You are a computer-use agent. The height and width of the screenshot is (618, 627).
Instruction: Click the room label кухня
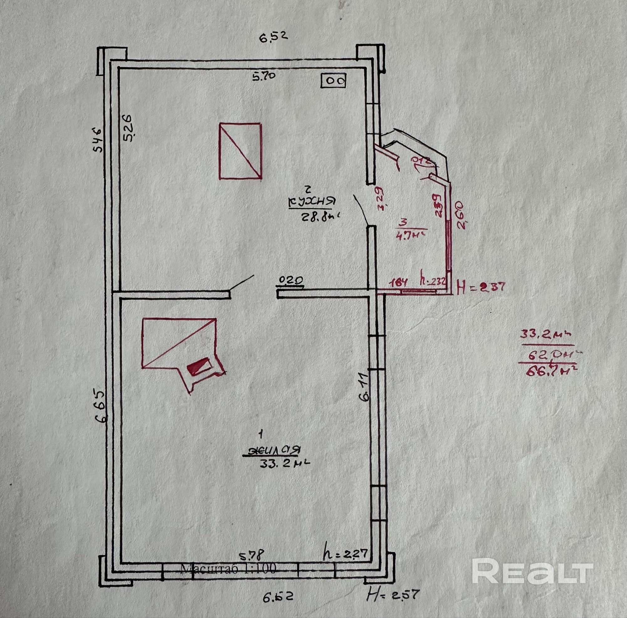tap(311, 202)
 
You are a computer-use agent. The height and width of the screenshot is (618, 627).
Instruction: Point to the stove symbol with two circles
tap(333, 80)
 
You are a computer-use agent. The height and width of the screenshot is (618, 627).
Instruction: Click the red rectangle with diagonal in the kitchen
tap(240, 151)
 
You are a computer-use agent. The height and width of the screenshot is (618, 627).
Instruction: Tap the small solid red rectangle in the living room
tap(199, 366)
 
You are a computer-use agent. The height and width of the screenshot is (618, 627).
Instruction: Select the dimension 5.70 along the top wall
tap(264, 76)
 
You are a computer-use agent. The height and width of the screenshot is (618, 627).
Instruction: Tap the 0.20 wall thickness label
tap(291, 279)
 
